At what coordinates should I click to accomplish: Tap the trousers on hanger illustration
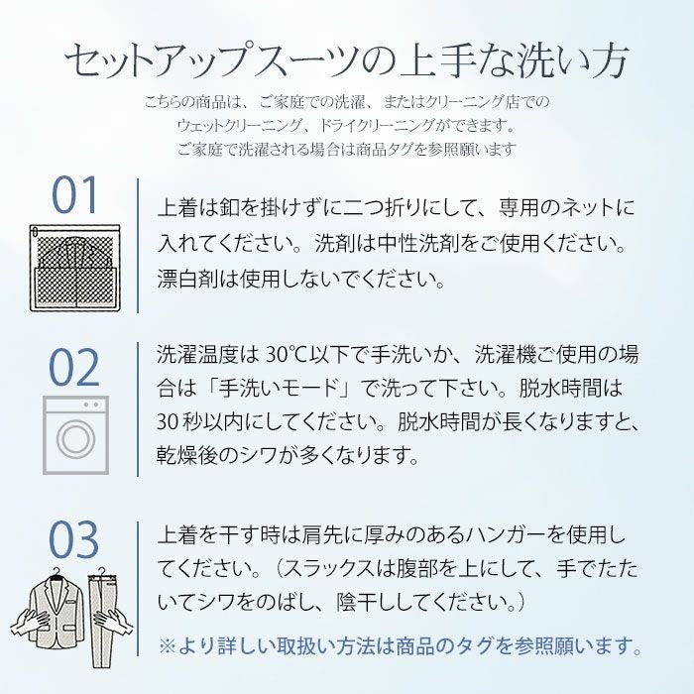105,610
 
